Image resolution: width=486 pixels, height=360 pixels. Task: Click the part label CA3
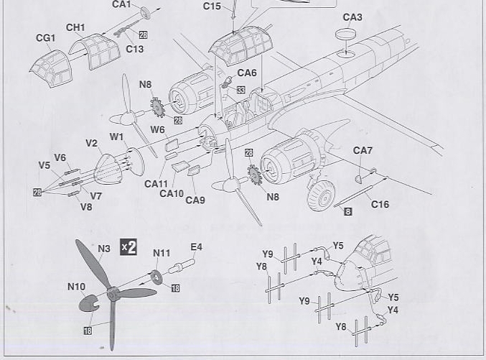pos(352,17)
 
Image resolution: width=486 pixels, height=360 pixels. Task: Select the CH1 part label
pos(75,27)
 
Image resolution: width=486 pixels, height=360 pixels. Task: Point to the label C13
pos(134,49)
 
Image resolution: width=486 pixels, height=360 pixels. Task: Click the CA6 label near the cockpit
pos(246,73)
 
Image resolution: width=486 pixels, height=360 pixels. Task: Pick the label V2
pos(92,143)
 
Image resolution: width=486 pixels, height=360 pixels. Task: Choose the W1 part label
pos(116,137)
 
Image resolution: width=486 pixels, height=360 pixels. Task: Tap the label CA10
pos(172,193)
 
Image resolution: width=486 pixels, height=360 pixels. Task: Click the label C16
pos(380,205)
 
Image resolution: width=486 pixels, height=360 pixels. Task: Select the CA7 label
pos(363,151)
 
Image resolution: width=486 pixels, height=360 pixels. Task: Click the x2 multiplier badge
pos(128,246)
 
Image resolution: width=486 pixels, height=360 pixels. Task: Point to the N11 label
pos(162,253)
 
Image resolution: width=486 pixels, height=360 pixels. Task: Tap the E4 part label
pos(196,247)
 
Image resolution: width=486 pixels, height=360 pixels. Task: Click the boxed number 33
pos(240,90)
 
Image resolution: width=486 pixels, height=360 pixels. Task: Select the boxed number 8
pos(347,211)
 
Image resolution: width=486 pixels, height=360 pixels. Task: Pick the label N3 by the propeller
pos(104,249)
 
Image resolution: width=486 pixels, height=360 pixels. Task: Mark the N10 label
pos(77,287)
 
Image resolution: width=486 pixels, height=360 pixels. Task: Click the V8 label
pos(86,207)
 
